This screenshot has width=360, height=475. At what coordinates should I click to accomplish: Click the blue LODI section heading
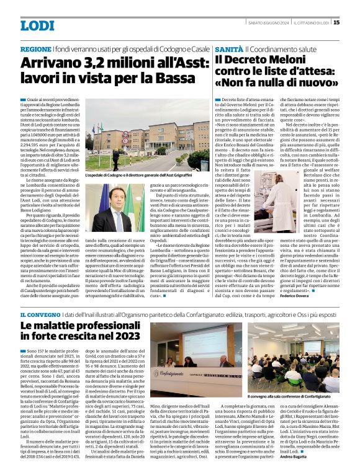point(37,25)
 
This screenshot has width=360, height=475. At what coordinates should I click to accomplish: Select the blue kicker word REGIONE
point(36,48)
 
